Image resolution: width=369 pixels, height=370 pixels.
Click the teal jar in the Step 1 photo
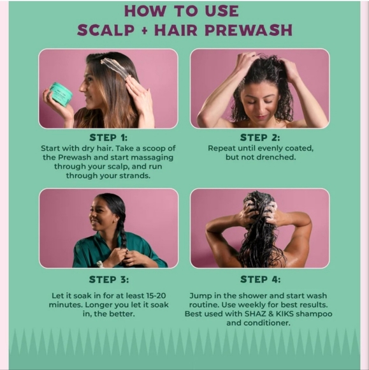[61, 94]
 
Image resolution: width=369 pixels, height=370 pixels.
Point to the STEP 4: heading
[259, 279]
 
